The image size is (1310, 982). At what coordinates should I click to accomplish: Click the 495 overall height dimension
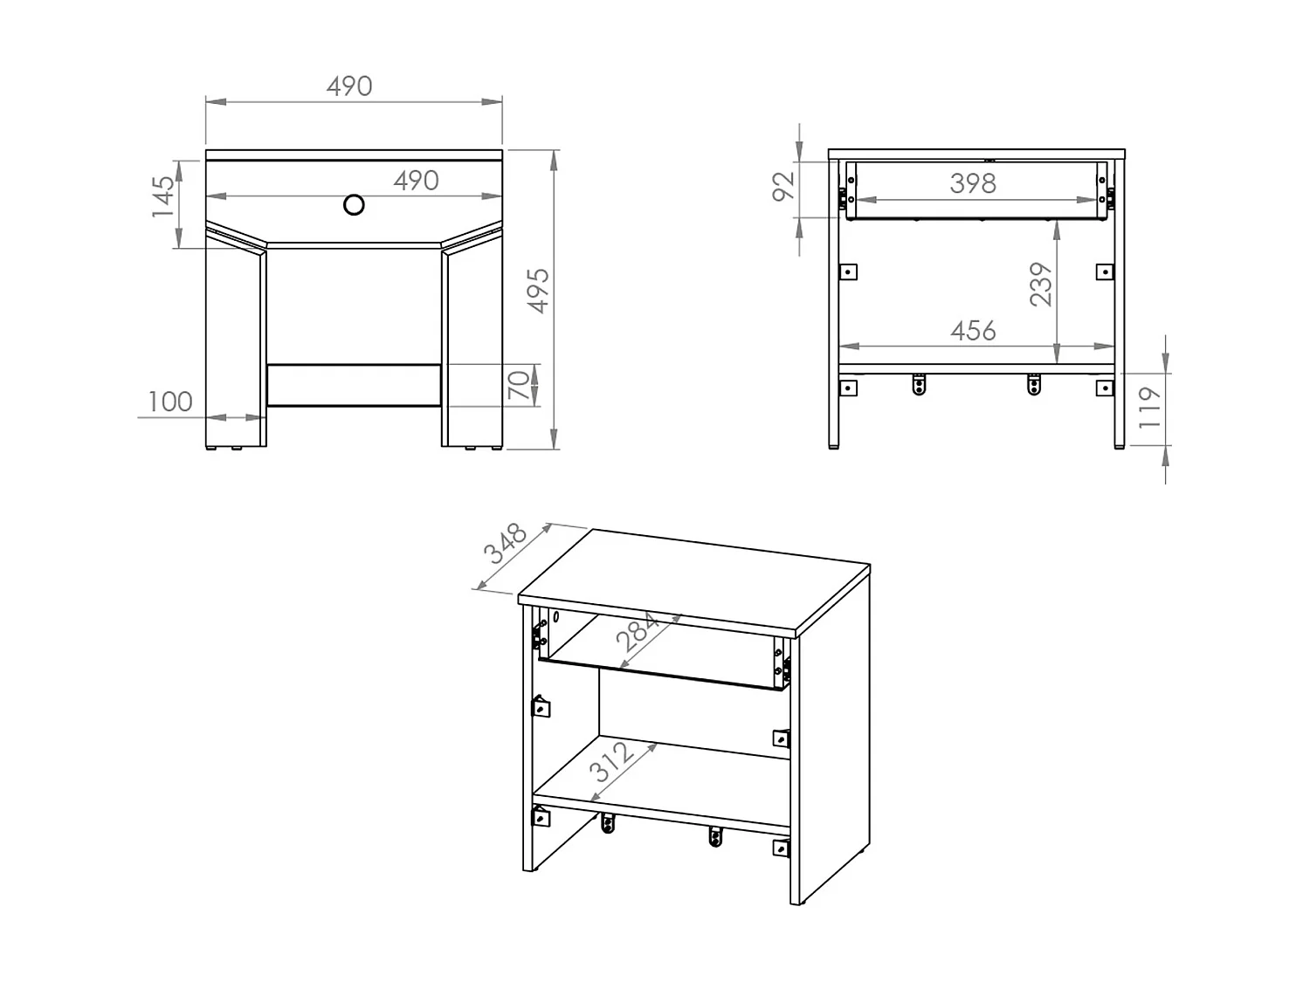(540, 291)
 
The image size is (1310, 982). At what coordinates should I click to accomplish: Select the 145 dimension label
(163, 197)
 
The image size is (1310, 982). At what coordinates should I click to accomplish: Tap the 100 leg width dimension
(170, 402)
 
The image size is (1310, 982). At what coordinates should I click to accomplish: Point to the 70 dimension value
(519, 384)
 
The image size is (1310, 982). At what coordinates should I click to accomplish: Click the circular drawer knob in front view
(354, 205)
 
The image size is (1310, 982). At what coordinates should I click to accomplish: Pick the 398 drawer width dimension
(972, 183)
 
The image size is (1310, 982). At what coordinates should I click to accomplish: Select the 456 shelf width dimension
(972, 331)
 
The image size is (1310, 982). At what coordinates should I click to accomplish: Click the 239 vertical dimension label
(1041, 285)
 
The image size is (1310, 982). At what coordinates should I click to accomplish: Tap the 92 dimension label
(784, 186)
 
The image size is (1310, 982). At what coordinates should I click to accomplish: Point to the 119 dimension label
(1150, 408)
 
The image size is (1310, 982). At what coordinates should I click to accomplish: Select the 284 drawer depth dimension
(638, 632)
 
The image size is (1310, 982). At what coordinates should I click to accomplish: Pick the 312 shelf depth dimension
(612, 761)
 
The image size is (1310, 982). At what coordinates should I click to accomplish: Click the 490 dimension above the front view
(349, 86)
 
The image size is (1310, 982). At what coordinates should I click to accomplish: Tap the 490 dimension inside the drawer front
(416, 181)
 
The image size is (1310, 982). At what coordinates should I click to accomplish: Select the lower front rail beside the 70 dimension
(354, 385)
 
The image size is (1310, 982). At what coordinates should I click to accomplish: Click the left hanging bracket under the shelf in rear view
(919, 384)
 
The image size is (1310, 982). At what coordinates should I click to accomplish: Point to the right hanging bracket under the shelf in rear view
(1034, 384)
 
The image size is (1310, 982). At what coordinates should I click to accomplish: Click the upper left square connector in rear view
(847, 272)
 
